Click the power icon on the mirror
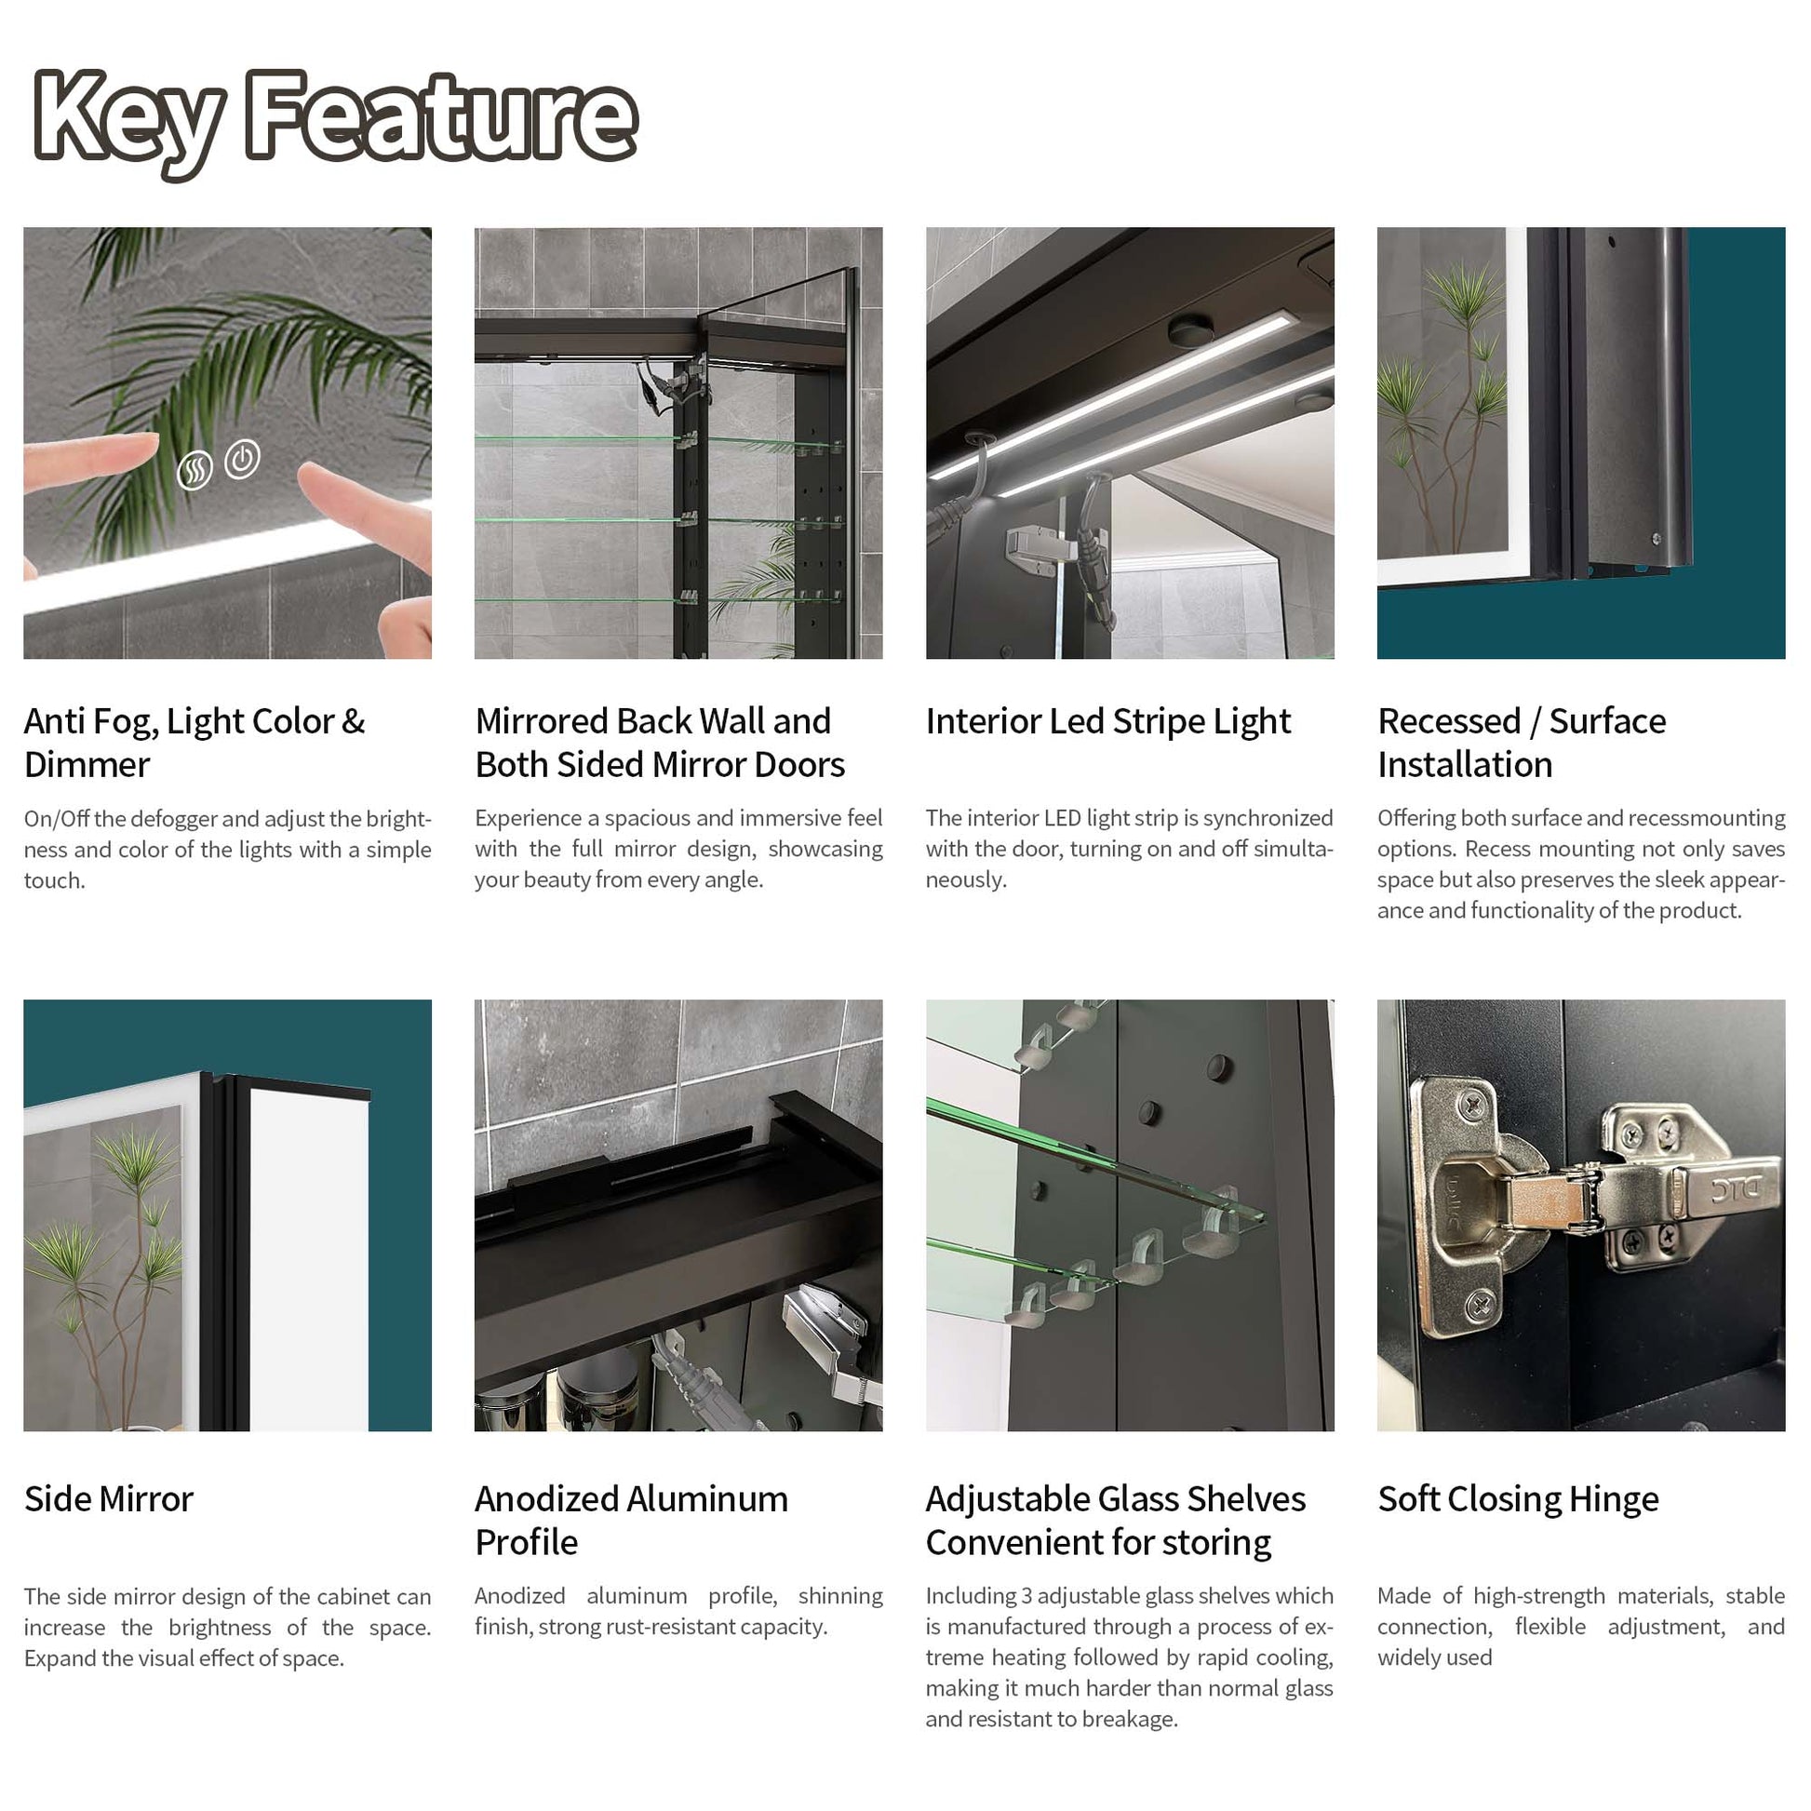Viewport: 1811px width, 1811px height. point(243,460)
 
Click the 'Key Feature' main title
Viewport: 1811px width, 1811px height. point(336,120)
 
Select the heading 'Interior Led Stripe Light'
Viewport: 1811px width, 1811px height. point(1108,721)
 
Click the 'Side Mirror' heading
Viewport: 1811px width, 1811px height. point(109,1498)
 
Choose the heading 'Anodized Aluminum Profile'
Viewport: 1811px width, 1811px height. point(631,1520)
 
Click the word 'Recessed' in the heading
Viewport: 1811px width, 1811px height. point(1449,721)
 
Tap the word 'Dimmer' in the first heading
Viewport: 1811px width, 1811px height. point(87,765)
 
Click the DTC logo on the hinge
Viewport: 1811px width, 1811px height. point(1745,1189)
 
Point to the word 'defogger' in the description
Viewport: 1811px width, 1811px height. point(181,819)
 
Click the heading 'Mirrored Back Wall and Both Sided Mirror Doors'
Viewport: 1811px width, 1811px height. point(660,743)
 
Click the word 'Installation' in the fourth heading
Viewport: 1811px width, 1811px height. point(1465,765)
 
